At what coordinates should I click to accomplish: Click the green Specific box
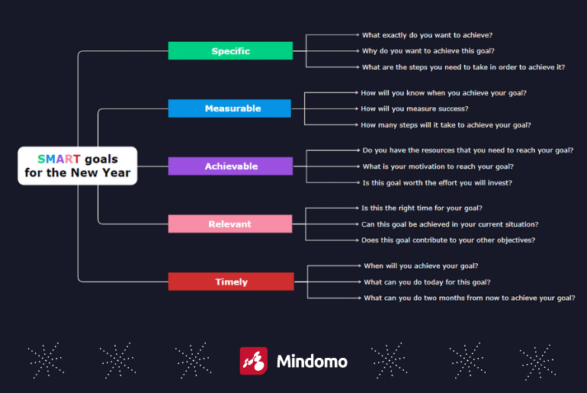pyautogui.click(x=230, y=50)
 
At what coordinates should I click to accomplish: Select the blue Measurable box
pyautogui.click(x=229, y=108)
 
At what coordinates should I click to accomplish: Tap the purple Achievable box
pyautogui.click(x=230, y=166)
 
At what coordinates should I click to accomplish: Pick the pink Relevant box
pyautogui.click(x=230, y=224)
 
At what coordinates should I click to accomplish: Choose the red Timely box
pyautogui.click(x=231, y=282)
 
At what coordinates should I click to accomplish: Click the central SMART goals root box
pyautogui.click(x=78, y=166)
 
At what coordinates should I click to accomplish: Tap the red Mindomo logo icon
pyautogui.click(x=253, y=361)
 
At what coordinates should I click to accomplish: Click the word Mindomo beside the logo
pyautogui.click(x=313, y=362)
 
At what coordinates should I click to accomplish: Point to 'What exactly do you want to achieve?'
pyautogui.click(x=427, y=35)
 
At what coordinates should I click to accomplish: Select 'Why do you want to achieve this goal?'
pyautogui.click(x=428, y=51)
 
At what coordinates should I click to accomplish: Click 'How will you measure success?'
pyautogui.click(x=415, y=108)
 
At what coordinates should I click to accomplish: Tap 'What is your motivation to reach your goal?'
pyautogui.click(x=438, y=166)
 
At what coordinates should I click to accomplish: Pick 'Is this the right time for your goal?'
pyautogui.click(x=422, y=208)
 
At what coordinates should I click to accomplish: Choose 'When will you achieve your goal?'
pyautogui.click(x=421, y=266)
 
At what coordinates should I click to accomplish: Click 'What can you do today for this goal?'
pyautogui.click(x=427, y=282)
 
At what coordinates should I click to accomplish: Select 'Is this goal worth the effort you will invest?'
pyautogui.click(x=438, y=183)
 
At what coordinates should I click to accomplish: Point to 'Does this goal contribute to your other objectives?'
pyautogui.click(x=448, y=240)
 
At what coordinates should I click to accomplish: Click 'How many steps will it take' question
pyautogui.click(x=446, y=125)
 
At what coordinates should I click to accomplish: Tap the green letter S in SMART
pyautogui.click(x=41, y=159)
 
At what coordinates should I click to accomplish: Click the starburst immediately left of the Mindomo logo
pyautogui.click(x=193, y=360)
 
